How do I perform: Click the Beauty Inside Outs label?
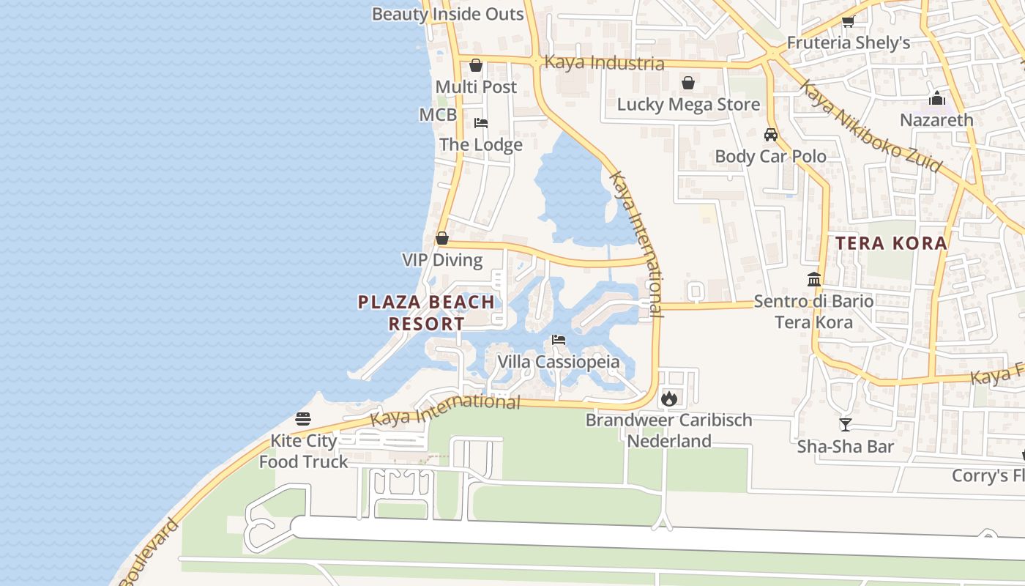[447, 14]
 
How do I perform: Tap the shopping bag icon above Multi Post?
[476, 65]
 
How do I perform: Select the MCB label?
[438, 115]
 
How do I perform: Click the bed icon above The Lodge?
[481, 122]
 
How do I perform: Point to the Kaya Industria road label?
[604, 63]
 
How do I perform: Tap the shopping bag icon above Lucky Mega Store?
[688, 83]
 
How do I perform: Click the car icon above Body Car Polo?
[770, 135]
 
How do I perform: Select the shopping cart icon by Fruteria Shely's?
[848, 21]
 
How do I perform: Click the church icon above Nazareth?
[936, 98]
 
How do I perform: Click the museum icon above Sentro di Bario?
[813, 279]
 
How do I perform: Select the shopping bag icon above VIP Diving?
[442, 238]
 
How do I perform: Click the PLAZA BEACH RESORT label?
[426, 313]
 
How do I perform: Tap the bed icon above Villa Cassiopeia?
[559, 340]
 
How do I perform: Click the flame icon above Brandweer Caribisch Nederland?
[668, 398]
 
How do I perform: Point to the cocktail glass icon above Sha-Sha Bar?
[846, 424]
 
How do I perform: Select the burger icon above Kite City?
[303, 419]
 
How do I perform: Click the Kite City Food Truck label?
[303, 451]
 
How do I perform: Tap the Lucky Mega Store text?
[688, 104]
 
